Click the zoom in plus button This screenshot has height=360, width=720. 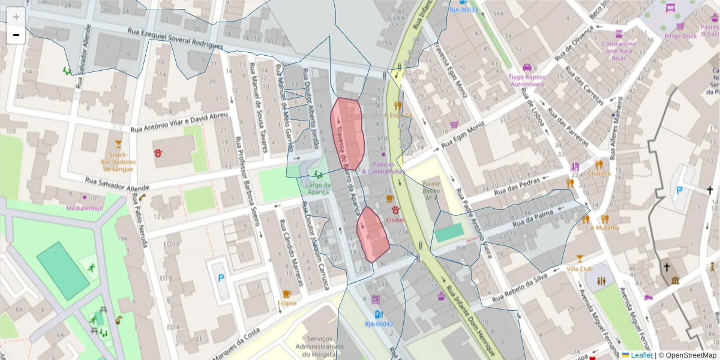pyautogui.click(x=16, y=17)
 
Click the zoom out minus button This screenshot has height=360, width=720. pyautogui.click(x=16, y=35)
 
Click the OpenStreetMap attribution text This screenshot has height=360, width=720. pyautogui.click(x=688, y=355)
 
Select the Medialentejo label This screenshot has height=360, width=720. pyautogui.click(x=85, y=208)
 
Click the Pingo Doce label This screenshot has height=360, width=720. pyautogui.click(x=680, y=36)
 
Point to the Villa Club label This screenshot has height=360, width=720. pyautogui.click(x=579, y=269)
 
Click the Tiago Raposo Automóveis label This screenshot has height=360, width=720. pyautogui.click(x=526, y=80)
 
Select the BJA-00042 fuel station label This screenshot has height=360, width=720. pyautogui.click(x=379, y=324)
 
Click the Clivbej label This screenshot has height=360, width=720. pyautogui.click(x=396, y=220)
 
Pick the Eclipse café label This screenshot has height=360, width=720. pyautogui.click(x=287, y=303)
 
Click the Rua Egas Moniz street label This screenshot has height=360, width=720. pyautogui.click(x=463, y=136)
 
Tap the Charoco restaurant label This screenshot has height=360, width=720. pyautogui.click(x=599, y=173)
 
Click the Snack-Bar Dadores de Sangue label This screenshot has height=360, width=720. pyautogui.click(x=118, y=162)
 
